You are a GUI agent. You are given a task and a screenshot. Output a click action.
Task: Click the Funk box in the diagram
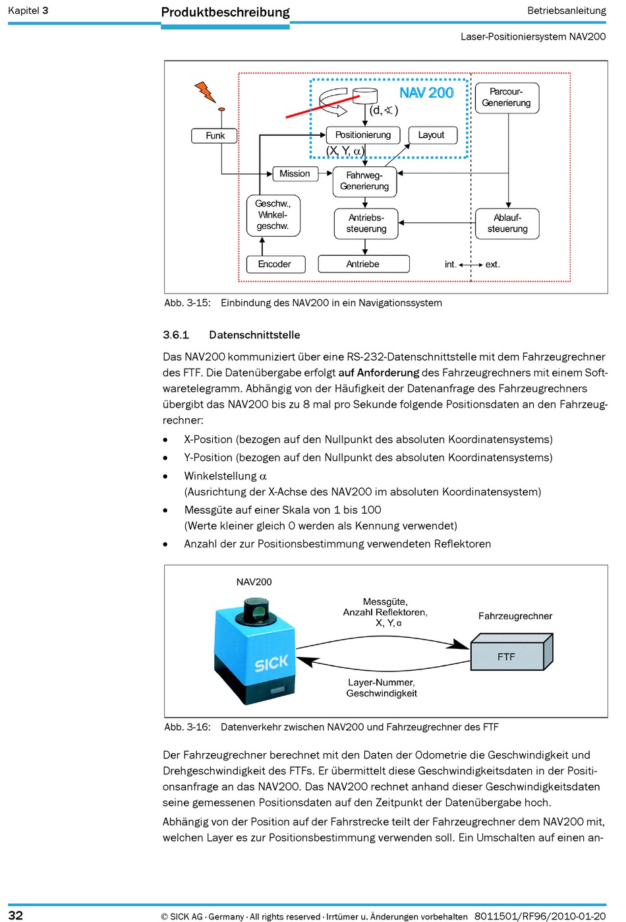click(215, 136)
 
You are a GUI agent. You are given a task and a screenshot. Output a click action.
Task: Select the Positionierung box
click(363, 135)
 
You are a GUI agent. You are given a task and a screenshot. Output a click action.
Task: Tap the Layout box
click(432, 135)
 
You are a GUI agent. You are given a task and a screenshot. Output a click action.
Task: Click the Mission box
click(295, 173)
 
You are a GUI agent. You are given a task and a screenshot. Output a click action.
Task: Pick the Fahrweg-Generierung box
click(364, 181)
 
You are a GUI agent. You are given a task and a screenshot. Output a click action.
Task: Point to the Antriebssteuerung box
click(366, 224)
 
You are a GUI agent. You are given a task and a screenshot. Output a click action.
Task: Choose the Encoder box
click(275, 264)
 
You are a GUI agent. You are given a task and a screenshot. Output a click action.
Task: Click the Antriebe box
click(363, 264)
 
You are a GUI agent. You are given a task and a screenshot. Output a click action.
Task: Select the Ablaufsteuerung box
click(507, 224)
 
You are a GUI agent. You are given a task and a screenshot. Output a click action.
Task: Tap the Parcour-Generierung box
click(506, 98)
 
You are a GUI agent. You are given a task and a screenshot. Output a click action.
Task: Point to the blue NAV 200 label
click(426, 93)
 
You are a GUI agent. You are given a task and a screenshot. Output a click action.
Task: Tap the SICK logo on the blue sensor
click(271, 663)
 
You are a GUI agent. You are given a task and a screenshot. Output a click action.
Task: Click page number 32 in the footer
click(15, 915)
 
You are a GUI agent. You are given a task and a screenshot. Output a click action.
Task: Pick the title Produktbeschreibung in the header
click(225, 12)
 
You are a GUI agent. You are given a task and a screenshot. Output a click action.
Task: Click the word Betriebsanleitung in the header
click(566, 11)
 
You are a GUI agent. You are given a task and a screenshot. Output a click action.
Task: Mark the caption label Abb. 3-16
click(187, 727)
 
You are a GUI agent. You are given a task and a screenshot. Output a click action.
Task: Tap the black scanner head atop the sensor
click(256, 611)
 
